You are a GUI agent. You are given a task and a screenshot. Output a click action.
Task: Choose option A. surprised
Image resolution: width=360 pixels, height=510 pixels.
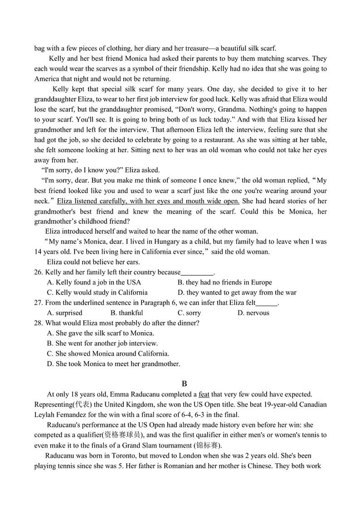click(x=65, y=313)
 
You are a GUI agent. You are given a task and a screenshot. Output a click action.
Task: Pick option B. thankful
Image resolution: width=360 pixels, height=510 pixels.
click(x=126, y=313)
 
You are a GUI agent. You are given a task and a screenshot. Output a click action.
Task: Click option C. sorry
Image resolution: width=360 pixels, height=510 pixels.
click(x=189, y=313)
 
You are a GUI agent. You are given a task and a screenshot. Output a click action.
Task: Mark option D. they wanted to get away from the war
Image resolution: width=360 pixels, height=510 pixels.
click(x=237, y=292)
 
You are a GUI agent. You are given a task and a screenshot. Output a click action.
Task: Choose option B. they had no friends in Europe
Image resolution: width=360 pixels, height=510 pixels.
click(x=224, y=282)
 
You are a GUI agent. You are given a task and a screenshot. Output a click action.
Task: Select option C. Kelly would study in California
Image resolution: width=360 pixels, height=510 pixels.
click(x=97, y=292)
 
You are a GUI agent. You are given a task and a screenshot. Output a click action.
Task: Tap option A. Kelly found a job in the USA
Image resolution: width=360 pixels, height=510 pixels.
click(x=94, y=282)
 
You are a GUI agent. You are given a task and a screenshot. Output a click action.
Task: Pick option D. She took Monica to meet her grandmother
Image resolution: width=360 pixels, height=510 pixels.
click(x=113, y=363)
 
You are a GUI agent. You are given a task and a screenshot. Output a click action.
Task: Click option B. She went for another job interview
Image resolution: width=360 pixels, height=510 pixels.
click(x=102, y=343)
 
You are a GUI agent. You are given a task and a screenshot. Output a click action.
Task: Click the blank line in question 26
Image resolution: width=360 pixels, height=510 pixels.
click(x=197, y=273)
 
